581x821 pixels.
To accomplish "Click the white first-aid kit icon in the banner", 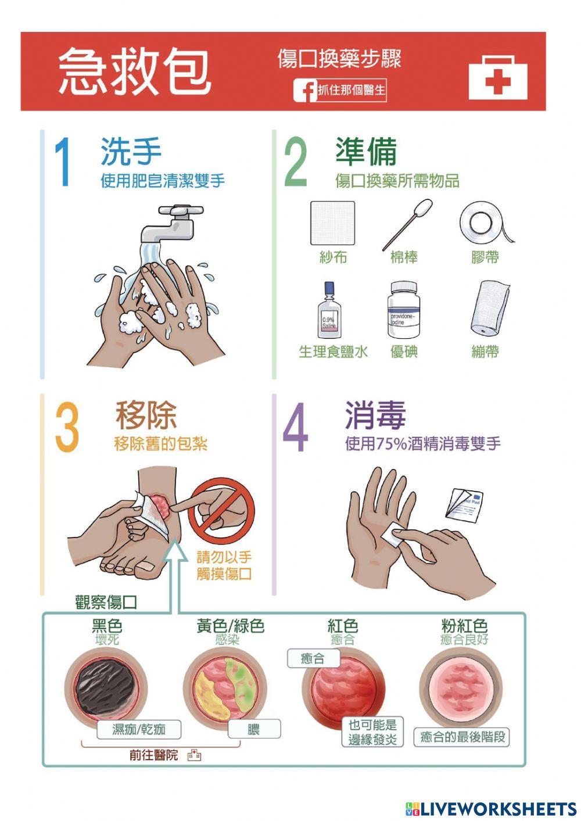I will point(497,77).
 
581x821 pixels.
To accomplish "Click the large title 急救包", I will point(134,71).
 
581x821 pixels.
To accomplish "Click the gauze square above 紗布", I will point(332,223).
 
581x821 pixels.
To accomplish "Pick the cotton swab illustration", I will point(407,224).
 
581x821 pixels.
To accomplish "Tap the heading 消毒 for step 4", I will point(375,415).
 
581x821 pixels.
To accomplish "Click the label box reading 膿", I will point(254,729).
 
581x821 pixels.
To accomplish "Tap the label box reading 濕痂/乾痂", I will point(139,729).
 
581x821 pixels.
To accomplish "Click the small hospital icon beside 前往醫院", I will point(194,755).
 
